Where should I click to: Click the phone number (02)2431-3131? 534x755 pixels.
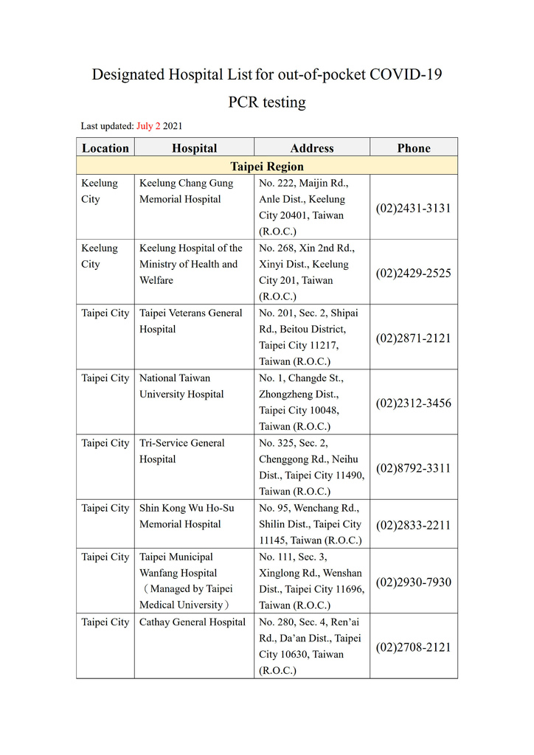[413, 208]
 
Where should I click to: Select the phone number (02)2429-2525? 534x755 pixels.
[413, 273]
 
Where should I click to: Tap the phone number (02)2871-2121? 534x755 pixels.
[413, 338]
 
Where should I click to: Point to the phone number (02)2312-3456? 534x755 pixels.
[413, 403]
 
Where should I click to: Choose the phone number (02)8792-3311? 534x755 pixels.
[413, 468]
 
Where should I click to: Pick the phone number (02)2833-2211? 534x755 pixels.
[413, 525]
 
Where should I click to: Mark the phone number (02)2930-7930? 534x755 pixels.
[413, 582]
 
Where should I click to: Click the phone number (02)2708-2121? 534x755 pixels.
[413, 647]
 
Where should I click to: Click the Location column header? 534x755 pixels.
[105, 148]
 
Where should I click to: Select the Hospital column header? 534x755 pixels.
[195, 148]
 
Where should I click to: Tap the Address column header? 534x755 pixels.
[312, 148]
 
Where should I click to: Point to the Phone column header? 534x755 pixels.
[414, 148]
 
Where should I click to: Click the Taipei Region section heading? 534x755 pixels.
[267, 167]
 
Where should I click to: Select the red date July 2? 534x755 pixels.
[148, 126]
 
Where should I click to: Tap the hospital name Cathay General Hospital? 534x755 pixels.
[193, 622]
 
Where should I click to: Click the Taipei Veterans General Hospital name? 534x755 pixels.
[190, 321]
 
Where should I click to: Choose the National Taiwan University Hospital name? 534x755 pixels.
[181, 386]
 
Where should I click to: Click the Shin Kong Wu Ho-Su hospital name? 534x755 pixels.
[187, 516]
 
